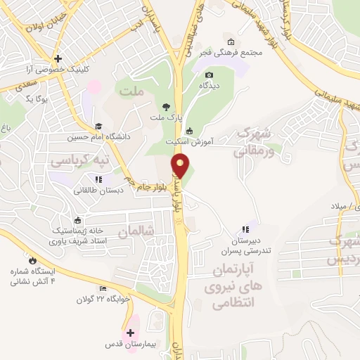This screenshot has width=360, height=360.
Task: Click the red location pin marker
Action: [x=181, y=166]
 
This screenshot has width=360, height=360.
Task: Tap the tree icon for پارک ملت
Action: [x=165, y=107]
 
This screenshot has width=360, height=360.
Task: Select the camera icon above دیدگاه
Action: [x=208, y=75]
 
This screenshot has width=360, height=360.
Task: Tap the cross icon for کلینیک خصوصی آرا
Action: [x=58, y=58]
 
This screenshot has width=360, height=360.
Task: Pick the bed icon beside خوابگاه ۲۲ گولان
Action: [x=103, y=288]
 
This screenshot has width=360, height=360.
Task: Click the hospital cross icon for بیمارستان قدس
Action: [x=130, y=333]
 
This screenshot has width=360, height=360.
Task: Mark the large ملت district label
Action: [x=131, y=91]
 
